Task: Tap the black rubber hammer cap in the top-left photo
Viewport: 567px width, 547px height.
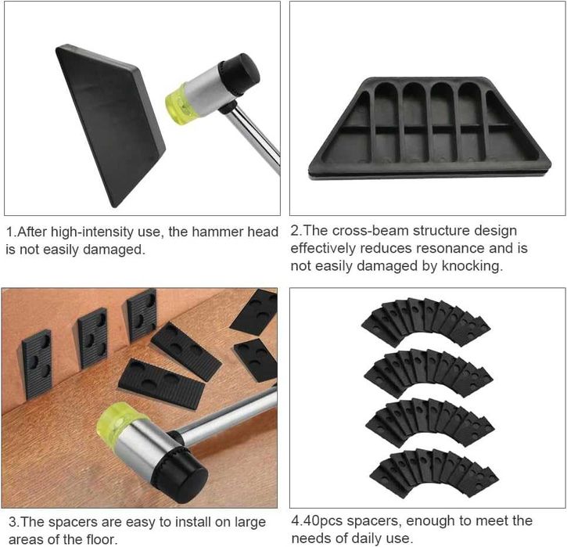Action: pos(240,74)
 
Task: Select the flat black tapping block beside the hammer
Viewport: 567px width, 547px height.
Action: pos(109,124)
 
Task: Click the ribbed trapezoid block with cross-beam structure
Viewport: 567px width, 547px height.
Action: pos(429,128)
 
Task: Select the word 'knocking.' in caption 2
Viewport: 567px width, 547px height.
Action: pos(472,266)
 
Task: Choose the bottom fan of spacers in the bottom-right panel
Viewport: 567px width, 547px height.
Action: pos(434,472)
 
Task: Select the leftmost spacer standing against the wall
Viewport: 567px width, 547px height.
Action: pos(37,363)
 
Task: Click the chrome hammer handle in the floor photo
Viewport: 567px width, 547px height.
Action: pos(226,417)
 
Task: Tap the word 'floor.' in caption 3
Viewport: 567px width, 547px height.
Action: pos(102,539)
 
